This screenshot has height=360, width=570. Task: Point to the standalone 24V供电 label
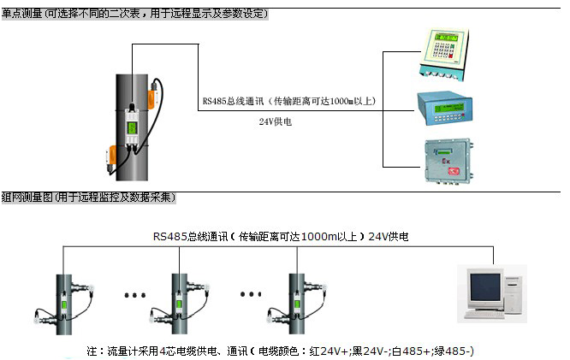pos(276,122)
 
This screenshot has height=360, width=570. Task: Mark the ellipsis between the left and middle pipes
pos(135,296)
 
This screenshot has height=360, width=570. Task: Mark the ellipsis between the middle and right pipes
pos(249,296)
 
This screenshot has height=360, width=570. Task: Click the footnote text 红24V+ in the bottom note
pos(330,351)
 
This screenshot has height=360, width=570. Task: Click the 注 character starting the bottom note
pos(92,351)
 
